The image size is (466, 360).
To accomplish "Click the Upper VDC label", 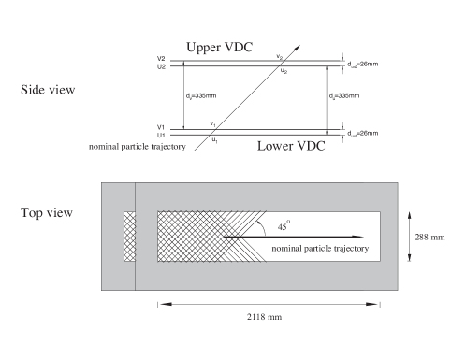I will click(220, 48).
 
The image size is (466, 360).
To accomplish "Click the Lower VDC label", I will click(290, 145).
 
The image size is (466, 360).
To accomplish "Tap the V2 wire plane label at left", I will click(162, 59).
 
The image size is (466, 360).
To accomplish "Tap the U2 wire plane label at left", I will click(162, 66).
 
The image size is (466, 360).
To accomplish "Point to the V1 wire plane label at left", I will click(162, 126).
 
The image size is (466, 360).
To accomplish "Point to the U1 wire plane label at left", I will click(162, 134).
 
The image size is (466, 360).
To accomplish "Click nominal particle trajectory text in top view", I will click(321, 251).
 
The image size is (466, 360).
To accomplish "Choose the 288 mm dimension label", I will click(427, 237).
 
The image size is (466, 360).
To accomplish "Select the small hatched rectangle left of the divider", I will click(129, 237).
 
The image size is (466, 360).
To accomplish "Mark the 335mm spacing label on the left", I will click(195, 96).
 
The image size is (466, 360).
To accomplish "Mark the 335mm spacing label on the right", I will click(343, 96).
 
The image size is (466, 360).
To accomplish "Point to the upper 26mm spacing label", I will click(361, 64).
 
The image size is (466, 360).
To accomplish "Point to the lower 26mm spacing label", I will click(361, 131).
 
